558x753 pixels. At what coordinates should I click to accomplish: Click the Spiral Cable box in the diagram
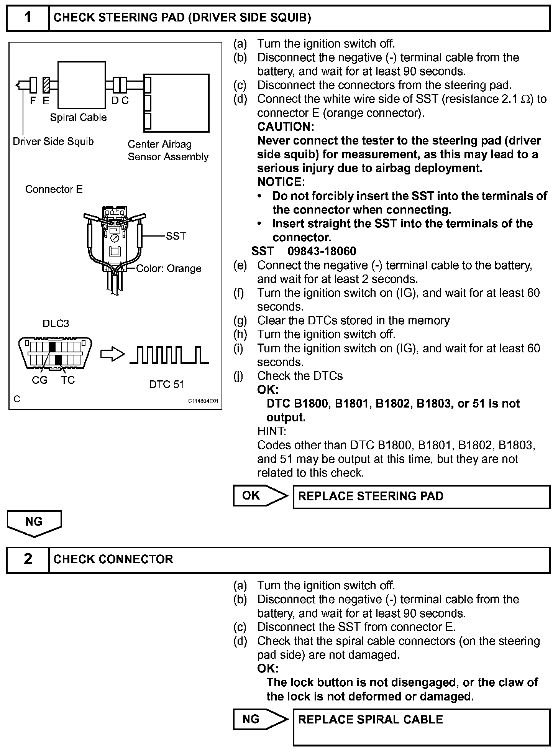click(81, 85)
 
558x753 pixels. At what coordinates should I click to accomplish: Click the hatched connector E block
click(46, 85)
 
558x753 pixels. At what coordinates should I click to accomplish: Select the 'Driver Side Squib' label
click(53, 141)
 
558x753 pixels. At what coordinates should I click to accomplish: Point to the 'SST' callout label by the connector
click(176, 236)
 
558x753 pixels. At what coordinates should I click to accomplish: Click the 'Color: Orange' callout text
click(169, 268)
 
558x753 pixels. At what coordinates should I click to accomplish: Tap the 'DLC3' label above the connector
click(56, 324)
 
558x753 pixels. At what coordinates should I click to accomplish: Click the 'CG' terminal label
click(39, 380)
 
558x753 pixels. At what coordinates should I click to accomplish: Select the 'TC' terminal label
click(68, 380)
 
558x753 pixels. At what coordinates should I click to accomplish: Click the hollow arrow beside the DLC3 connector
click(112, 354)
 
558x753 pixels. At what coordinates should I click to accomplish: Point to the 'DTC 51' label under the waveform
click(167, 384)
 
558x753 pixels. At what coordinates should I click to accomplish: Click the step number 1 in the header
click(28, 18)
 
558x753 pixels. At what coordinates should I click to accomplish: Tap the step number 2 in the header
click(28, 559)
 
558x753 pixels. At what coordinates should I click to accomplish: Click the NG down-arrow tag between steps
click(34, 523)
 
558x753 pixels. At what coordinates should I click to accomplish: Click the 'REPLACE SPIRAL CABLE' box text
click(370, 719)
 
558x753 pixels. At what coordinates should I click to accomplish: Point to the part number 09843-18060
click(322, 251)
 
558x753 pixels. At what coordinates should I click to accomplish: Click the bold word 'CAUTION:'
click(286, 127)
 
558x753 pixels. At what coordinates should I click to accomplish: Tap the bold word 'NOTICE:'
click(281, 182)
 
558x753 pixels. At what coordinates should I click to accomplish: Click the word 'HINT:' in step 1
click(272, 431)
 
